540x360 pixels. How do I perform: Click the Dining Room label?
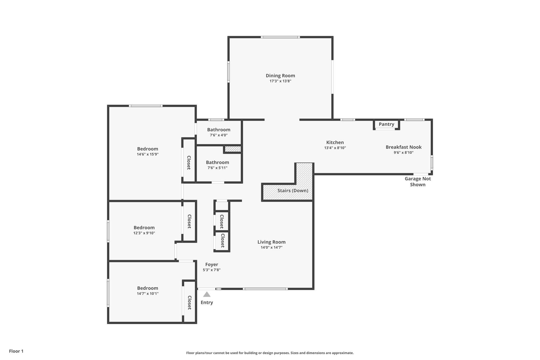point(280,76)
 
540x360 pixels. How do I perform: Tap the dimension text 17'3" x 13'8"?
point(280,81)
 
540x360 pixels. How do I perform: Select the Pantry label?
point(386,124)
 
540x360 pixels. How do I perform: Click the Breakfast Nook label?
point(403,147)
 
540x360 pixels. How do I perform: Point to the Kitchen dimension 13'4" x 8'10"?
point(335,148)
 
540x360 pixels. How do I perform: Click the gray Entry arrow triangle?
point(207,294)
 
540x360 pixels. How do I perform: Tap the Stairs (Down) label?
point(293,190)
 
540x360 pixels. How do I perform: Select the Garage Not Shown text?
point(418,181)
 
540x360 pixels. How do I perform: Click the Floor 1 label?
point(16,351)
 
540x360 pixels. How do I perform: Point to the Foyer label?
point(212,265)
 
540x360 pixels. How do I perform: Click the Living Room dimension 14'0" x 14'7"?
point(271,247)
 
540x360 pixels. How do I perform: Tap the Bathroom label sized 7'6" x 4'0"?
point(219,130)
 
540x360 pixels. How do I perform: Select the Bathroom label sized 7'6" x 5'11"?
point(217,162)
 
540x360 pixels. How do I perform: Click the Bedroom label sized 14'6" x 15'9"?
point(147,149)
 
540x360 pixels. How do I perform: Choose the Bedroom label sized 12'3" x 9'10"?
point(144,228)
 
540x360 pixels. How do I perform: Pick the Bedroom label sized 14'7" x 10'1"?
point(147,288)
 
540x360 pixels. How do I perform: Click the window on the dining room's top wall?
point(280,37)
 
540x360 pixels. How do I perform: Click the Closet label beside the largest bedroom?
point(189,163)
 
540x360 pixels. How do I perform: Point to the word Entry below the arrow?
point(207,303)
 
